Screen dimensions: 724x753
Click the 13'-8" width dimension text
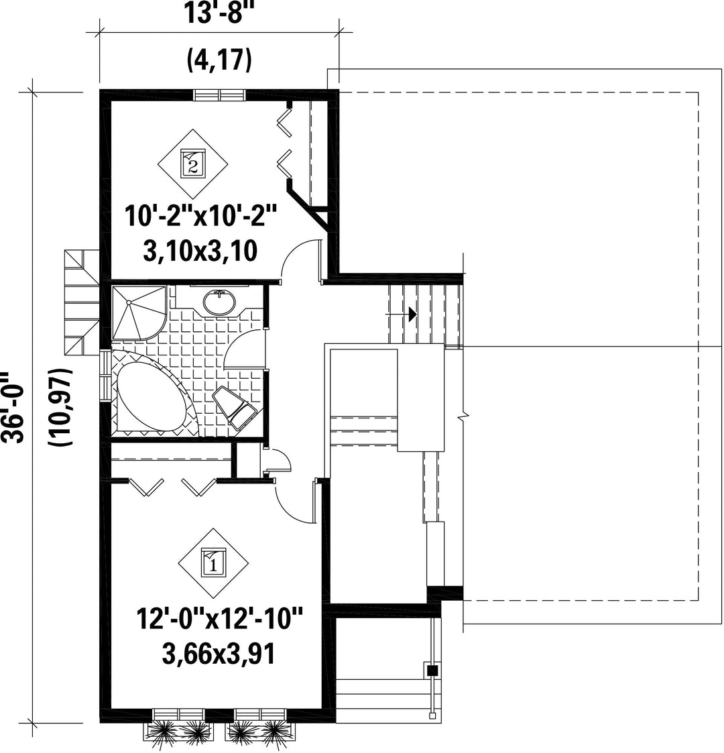pos(219,12)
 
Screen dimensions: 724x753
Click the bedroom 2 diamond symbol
pos(193,164)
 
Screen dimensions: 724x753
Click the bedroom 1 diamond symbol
pos(213,563)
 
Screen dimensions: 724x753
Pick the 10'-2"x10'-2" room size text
pos(202,216)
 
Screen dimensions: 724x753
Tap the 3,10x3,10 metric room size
pos(200,251)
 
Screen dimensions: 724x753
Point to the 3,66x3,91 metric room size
pos(219,654)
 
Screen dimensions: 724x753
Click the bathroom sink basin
pos(220,302)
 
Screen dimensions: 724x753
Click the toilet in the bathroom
pos(235,408)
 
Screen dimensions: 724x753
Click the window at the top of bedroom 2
pos(220,95)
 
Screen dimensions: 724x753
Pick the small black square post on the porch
pos(433,670)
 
